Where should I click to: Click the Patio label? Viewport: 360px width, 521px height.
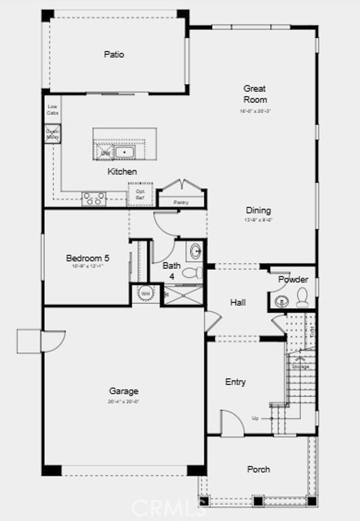[114, 54]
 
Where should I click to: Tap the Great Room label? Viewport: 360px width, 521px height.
[255, 94]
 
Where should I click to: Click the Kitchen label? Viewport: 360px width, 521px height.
[122, 172]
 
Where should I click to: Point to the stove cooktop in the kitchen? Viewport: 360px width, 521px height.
[94, 199]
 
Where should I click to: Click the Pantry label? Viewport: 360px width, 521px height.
[180, 202]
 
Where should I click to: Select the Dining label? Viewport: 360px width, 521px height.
[258, 210]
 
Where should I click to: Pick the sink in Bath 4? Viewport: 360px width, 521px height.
[196, 252]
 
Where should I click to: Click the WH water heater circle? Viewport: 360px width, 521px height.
[145, 293]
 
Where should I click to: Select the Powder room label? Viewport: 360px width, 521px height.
[293, 279]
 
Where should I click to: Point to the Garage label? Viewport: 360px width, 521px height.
[123, 391]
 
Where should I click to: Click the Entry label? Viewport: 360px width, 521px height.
[235, 382]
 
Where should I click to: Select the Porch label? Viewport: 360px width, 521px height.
[258, 469]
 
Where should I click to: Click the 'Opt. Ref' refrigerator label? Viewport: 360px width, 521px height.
[140, 193]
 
